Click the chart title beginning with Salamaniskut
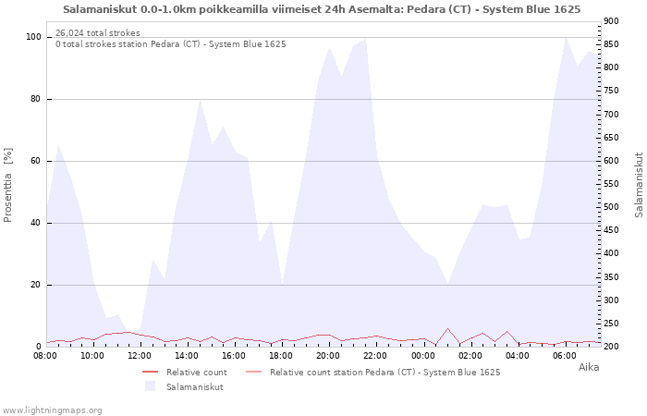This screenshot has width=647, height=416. [322, 9]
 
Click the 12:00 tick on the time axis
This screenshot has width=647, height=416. [140, 355]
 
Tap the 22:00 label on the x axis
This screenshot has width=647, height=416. [376, 355]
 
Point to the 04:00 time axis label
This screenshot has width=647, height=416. [518, 355]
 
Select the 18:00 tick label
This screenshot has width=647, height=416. [281, 355]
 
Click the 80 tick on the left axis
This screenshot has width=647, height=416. [34, 99]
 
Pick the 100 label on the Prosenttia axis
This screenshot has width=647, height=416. [32, 37]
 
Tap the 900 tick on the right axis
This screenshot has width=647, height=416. [611, 21]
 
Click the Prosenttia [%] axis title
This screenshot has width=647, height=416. [8, 185]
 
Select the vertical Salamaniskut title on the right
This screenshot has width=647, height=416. [639, 185]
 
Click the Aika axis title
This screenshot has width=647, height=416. [589, 367]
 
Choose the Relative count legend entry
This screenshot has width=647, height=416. [197, 373]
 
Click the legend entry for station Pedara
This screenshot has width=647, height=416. [385, 373]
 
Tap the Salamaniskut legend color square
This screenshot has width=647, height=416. [151, 386]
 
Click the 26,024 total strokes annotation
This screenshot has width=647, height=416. [98, 33]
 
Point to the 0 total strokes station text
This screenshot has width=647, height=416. [170, 44]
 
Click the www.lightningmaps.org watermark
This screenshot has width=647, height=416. [52, 410]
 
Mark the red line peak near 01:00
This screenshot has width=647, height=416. [447, 328]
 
